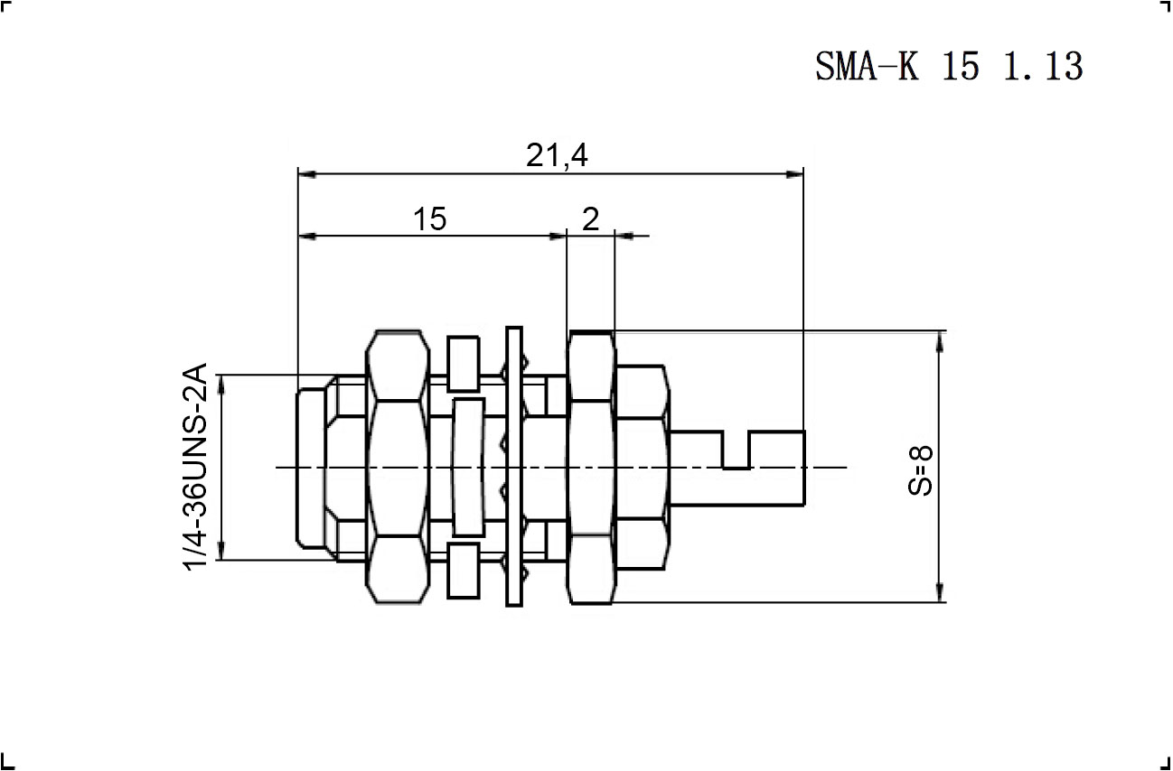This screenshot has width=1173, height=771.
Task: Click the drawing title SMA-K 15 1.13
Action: point(949,66)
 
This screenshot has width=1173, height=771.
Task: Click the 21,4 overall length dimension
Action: point(557,155)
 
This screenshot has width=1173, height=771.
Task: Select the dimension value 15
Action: point(430,218)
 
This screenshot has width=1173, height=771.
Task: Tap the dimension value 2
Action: point(591,218)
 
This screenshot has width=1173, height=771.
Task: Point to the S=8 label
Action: point(920,469)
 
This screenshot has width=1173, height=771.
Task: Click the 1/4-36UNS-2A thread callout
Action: point(195,467)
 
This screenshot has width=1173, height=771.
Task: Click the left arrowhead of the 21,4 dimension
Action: point(307,174)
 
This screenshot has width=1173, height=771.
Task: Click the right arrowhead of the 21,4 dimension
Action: point(794,174)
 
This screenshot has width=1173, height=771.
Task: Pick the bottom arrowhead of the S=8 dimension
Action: point(940,592)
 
